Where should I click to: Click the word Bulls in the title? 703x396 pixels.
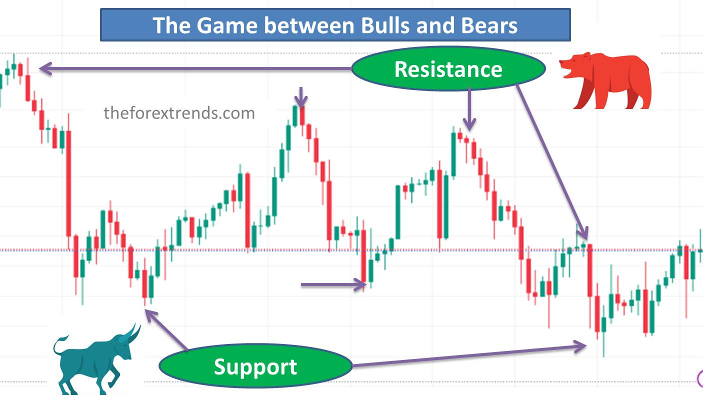pyautogui.click(x=385, y=25)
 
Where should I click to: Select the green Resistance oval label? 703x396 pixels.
pyautogui.click(x=448, y=68)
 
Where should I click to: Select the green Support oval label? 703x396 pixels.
pyautogui.click(x=255, y=366)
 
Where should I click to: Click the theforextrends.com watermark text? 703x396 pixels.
pyautogui.click(x=179, y=113)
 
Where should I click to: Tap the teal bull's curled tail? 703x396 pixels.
pyautogui.click(x=59, y=345)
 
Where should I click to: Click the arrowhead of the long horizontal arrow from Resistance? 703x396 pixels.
pyautogui.click(x=45, y=68)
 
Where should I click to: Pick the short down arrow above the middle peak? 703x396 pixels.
pyautogui.click(x=301, y=97)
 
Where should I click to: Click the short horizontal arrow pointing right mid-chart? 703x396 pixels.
pyautogui.click(x=333, y=285)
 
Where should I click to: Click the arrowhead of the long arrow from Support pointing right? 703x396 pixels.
pyautogui.click(x=580, y=346)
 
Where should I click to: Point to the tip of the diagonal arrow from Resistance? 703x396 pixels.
pyautogui.click(x=587, y=238)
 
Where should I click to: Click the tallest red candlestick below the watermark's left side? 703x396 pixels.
pyautogui.click(x=68, y=183)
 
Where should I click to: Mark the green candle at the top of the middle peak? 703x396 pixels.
pyautogui.click(x=295, y=116)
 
